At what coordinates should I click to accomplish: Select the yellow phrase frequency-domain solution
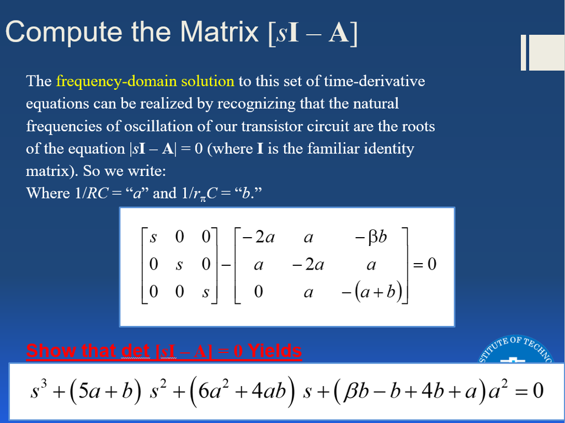(145, 82)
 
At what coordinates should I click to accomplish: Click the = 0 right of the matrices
(425, 265)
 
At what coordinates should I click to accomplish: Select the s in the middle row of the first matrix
(179, 265)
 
